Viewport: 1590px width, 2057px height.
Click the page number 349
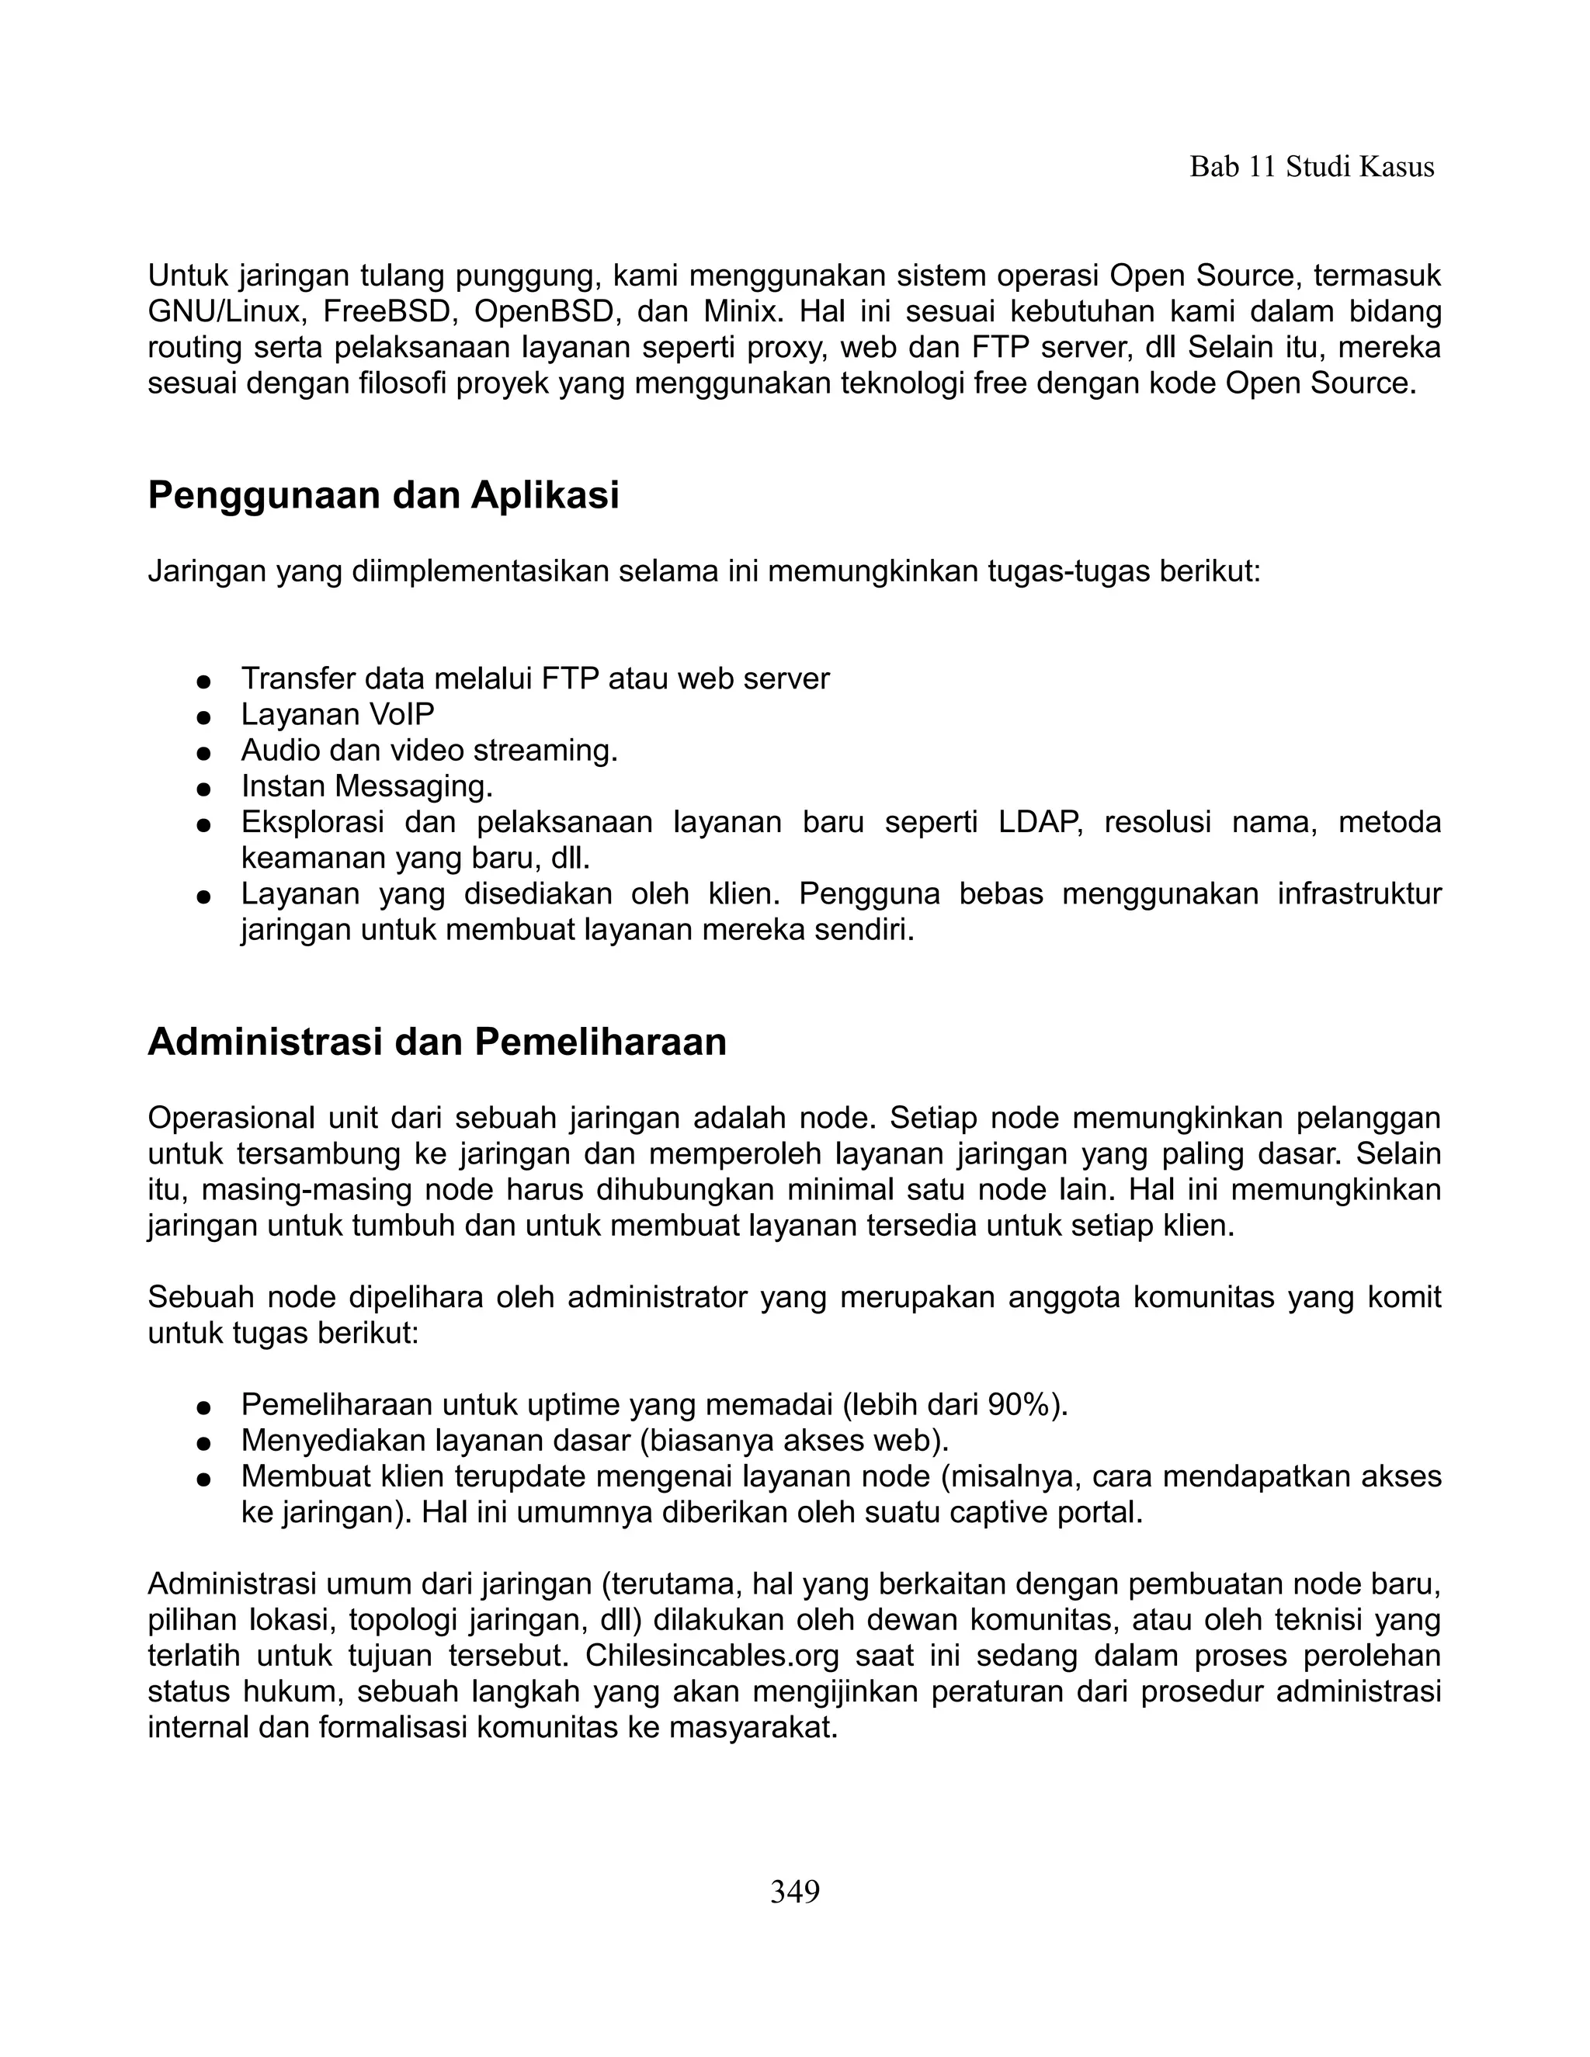(x=795, y=1891)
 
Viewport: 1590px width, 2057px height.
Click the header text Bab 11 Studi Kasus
(x=1311, y=168)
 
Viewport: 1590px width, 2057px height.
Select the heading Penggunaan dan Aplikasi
(x=384, y=495)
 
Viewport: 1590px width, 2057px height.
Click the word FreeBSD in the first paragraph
(x=388, y=312)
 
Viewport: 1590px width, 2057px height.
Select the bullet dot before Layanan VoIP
(x=202, y=716)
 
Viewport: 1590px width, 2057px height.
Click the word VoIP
(x=401, y=715)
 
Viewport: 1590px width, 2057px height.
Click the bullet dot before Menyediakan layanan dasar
(x=202, y=1442)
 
